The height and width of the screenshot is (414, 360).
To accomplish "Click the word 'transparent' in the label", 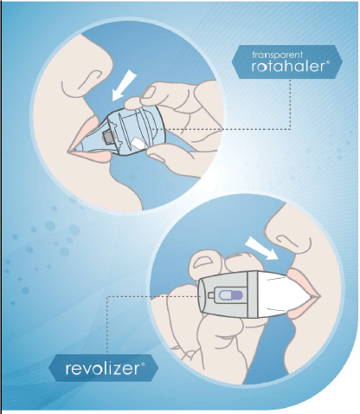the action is pyautogui.click(x=277, y=55).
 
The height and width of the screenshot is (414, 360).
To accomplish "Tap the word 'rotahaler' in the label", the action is pyautogui.click(x=288, y=67).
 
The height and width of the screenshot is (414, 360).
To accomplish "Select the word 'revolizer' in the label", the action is pyautogui.click(x=102, y=369).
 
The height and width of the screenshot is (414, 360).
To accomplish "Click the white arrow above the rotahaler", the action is pyautogui.click(x=123, y=87).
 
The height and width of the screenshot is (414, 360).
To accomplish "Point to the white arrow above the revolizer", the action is pyautogui.click(x=260, y=248).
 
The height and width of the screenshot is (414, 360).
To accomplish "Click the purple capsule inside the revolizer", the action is pyautogui.click(x=230, y=295).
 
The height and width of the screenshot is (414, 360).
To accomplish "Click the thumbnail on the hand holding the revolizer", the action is pyautogui.click(x=201, y=261).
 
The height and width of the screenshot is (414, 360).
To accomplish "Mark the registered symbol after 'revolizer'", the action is pyautogui.click(x=142, y=365).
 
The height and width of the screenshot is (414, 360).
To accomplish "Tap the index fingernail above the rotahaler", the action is pyautogui.click(x=149, y=93).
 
